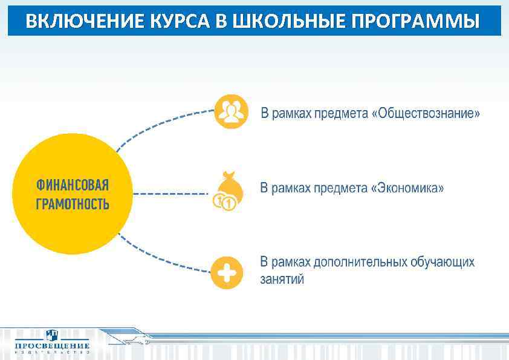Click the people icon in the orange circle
click(232, 111)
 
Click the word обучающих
click(443, 262)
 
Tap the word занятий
click(282, 279)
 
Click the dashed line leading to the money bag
click(169, 194)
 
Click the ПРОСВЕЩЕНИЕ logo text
click(52, 346)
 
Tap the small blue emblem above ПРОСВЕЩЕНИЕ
click(53, 334)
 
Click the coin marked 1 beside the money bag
click(228, 204)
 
